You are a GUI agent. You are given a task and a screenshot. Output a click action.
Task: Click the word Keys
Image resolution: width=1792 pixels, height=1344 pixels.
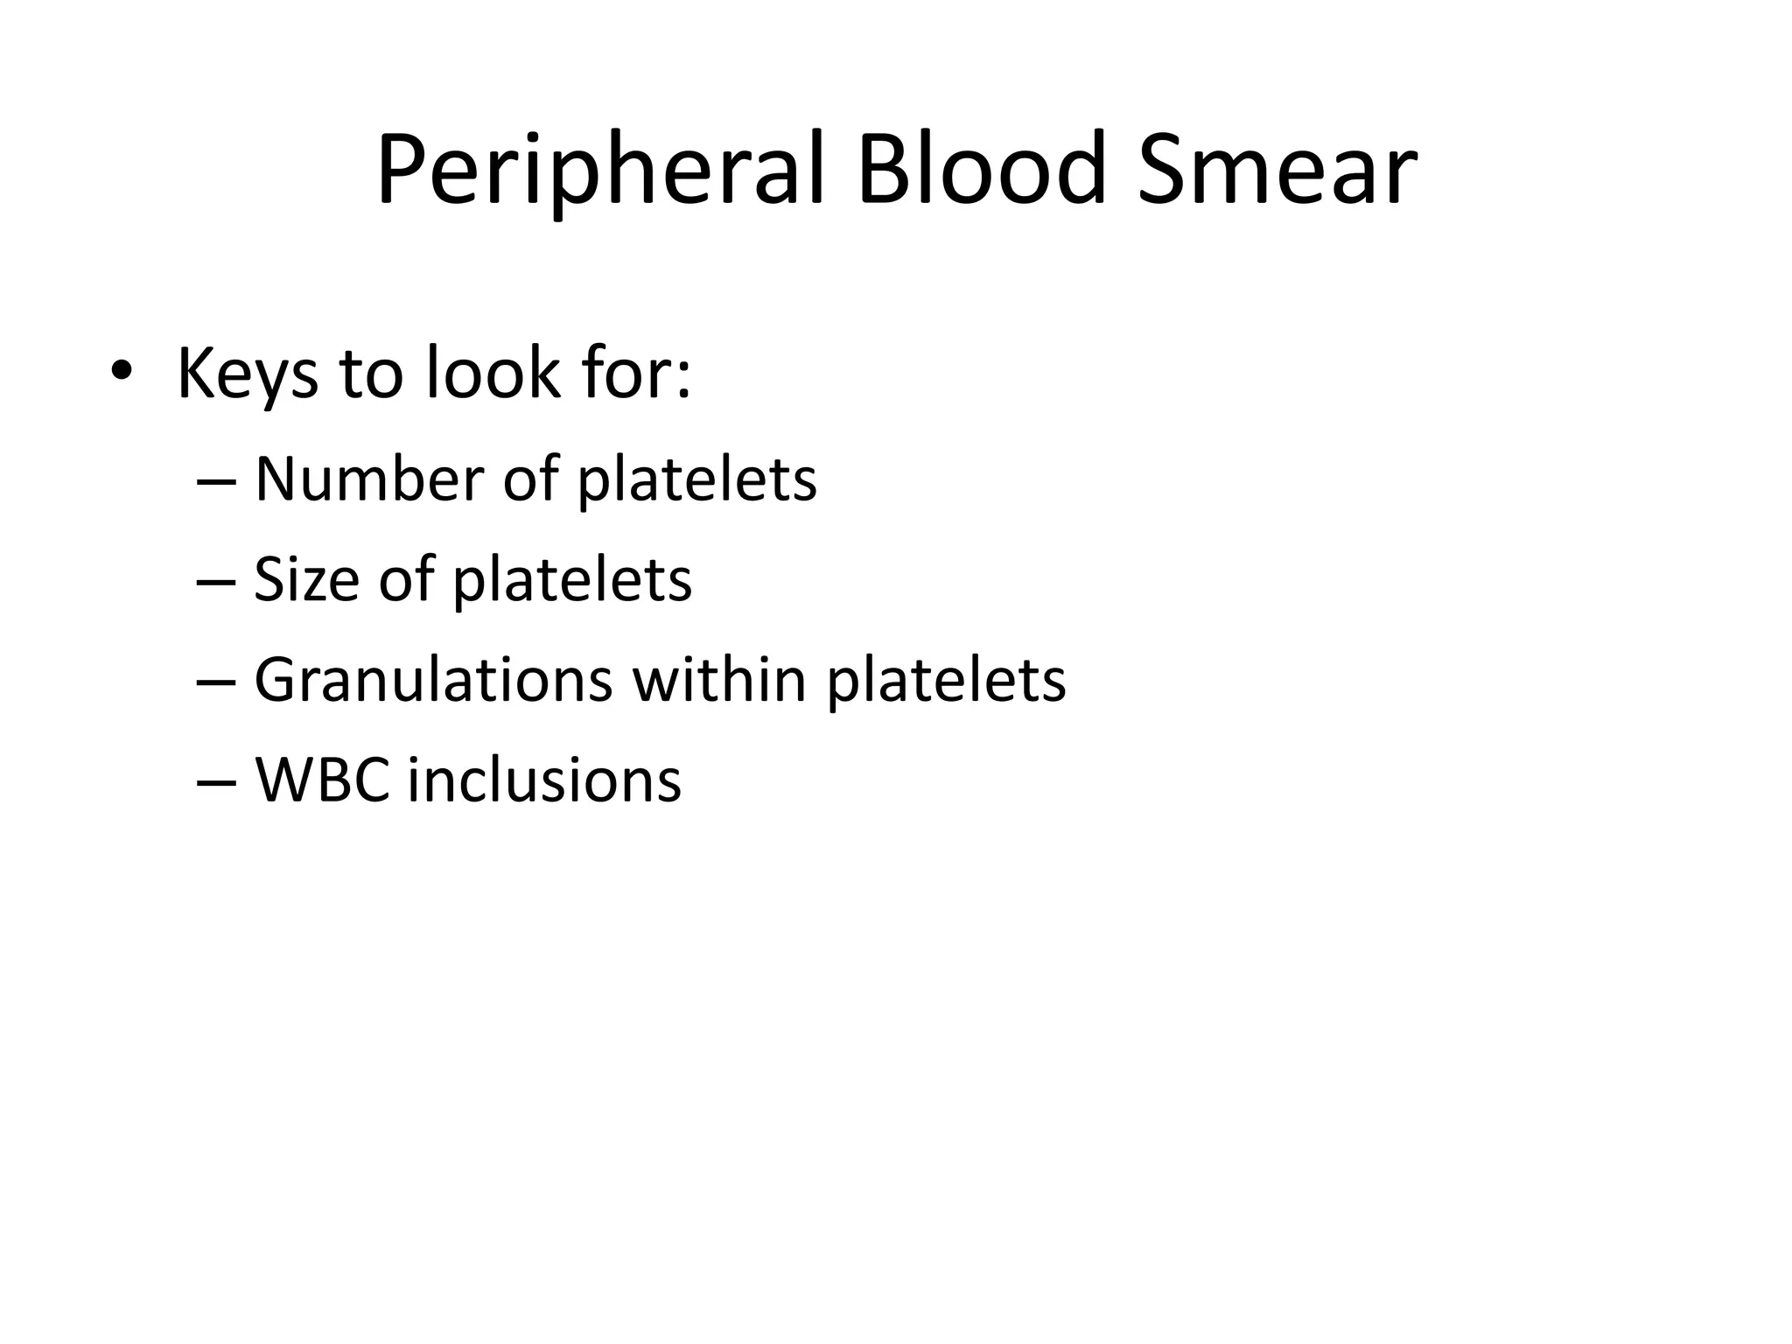point(248,374)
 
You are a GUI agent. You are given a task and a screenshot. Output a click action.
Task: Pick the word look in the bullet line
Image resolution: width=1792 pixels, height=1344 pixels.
point(492,373)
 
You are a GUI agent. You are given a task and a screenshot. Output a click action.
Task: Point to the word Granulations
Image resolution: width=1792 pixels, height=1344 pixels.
point(434,680)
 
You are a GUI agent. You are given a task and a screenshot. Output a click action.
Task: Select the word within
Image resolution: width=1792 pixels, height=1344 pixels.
point(718,680)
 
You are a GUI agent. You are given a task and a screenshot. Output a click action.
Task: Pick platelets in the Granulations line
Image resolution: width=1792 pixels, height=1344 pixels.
point(946,682)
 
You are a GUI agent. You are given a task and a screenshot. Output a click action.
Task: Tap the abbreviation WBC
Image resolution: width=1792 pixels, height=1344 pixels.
point(322,780)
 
